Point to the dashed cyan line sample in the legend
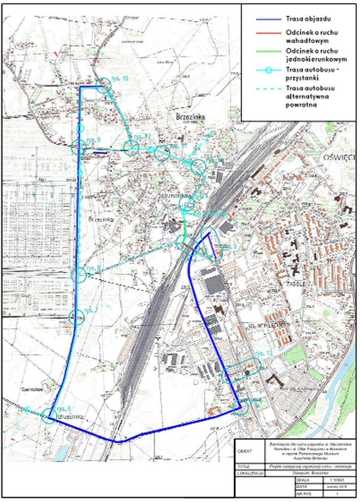[x=265, y=88]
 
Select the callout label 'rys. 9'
[x=94, y=140]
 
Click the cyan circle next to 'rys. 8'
[x=79, y=274]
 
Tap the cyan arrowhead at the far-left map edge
[x=26, y=410]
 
